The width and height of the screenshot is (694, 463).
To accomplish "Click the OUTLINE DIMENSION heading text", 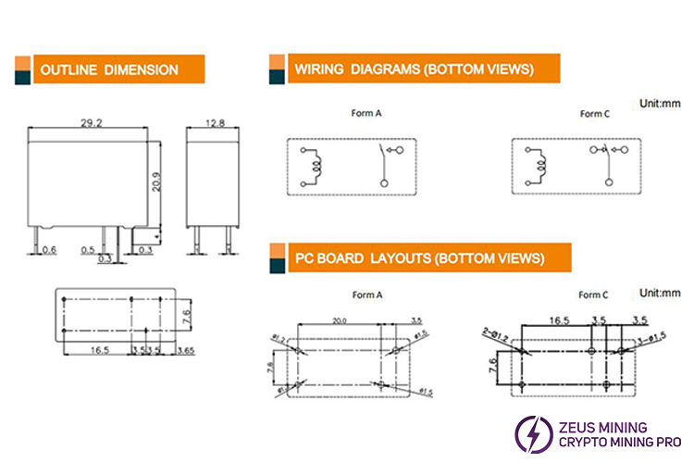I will coord(109,69).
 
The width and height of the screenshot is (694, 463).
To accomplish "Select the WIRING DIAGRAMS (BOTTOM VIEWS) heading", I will coord(414,69).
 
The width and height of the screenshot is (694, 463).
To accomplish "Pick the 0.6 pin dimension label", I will coord(50,249).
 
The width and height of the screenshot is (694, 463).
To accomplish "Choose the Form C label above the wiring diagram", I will coord(594,115).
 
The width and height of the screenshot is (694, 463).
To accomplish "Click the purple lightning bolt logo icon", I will coord(532,433).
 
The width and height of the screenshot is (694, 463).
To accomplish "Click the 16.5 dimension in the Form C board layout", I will coord(559,319).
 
